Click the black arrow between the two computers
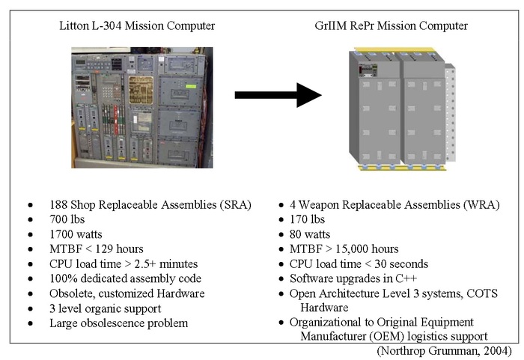[277, 94]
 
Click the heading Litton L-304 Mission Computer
[137, 26]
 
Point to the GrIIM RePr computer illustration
[395, 100]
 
